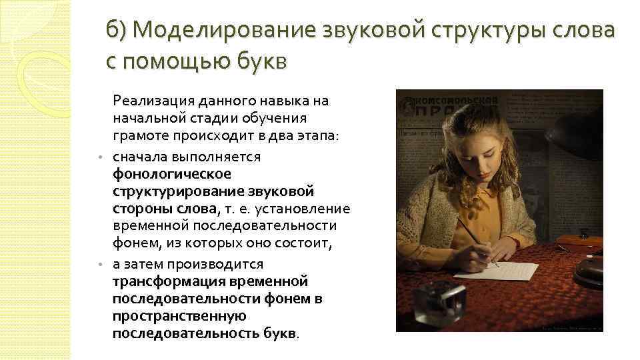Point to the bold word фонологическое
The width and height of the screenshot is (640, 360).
click(172, 175)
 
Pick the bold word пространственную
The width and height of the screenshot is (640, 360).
click(180, 316)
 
